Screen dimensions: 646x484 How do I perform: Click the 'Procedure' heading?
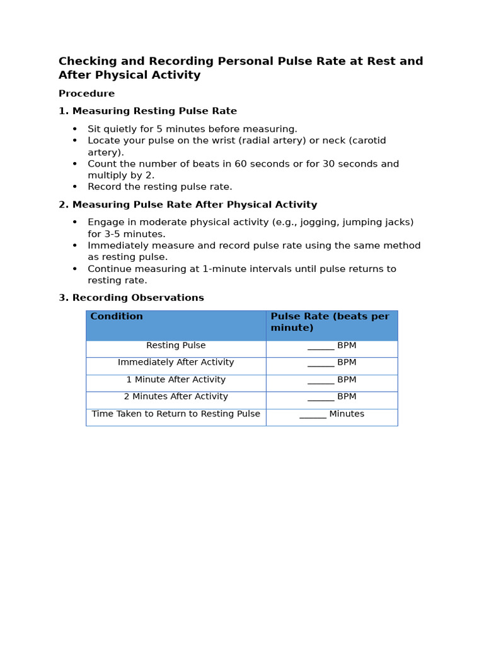pos(86,94)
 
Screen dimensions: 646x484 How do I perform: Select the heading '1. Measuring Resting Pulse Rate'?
pos(147,111)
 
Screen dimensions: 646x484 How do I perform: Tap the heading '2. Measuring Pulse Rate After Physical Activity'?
pos(188,205)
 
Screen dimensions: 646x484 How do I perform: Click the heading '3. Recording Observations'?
pos(131,298)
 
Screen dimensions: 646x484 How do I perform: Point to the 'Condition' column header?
pos(117,317)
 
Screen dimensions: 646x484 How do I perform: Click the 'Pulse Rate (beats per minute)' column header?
pos(330,322)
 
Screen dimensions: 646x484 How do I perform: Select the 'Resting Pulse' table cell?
pos(176,346)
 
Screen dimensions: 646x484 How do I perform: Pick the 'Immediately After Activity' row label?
pos(176,363)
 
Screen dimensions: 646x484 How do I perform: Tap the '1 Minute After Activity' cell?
pos(176,380)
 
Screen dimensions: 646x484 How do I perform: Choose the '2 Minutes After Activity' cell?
pos(176,397)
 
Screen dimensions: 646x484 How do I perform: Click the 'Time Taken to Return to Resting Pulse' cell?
pos(176,414)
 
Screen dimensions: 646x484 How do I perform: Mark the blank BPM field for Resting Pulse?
pos(321,347)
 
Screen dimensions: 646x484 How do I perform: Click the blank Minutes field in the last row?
pos(313,415)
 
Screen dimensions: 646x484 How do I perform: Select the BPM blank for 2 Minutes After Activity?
pos(321,398)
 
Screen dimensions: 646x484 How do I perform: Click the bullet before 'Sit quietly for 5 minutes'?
pos(74,129)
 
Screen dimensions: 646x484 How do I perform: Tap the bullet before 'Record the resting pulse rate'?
pos(74,187)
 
